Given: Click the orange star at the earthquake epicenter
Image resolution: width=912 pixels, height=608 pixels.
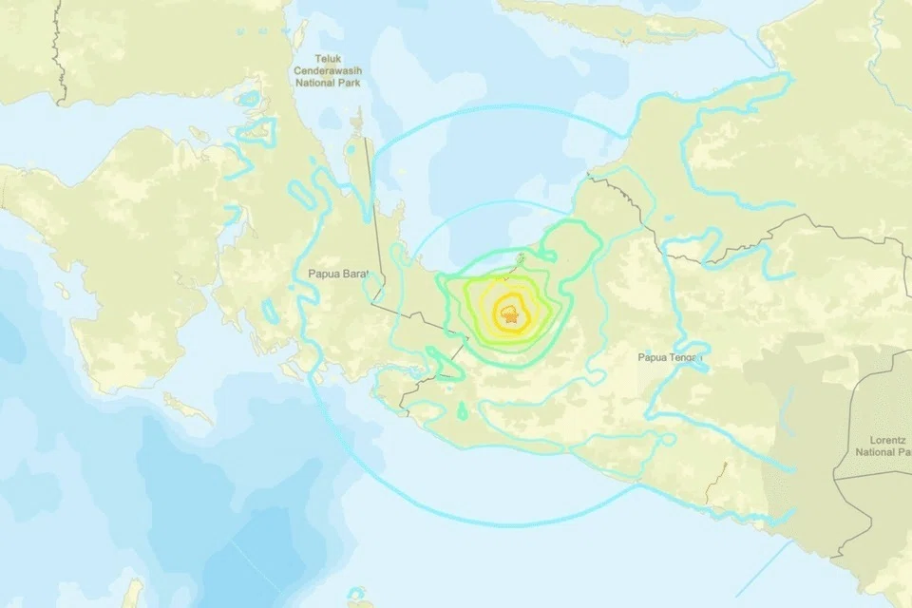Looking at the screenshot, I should coord(512,320).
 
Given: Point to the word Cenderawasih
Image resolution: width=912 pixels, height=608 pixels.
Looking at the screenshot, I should coord(325,70).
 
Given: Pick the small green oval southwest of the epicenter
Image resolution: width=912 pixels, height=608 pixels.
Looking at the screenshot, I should coord(463,411).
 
